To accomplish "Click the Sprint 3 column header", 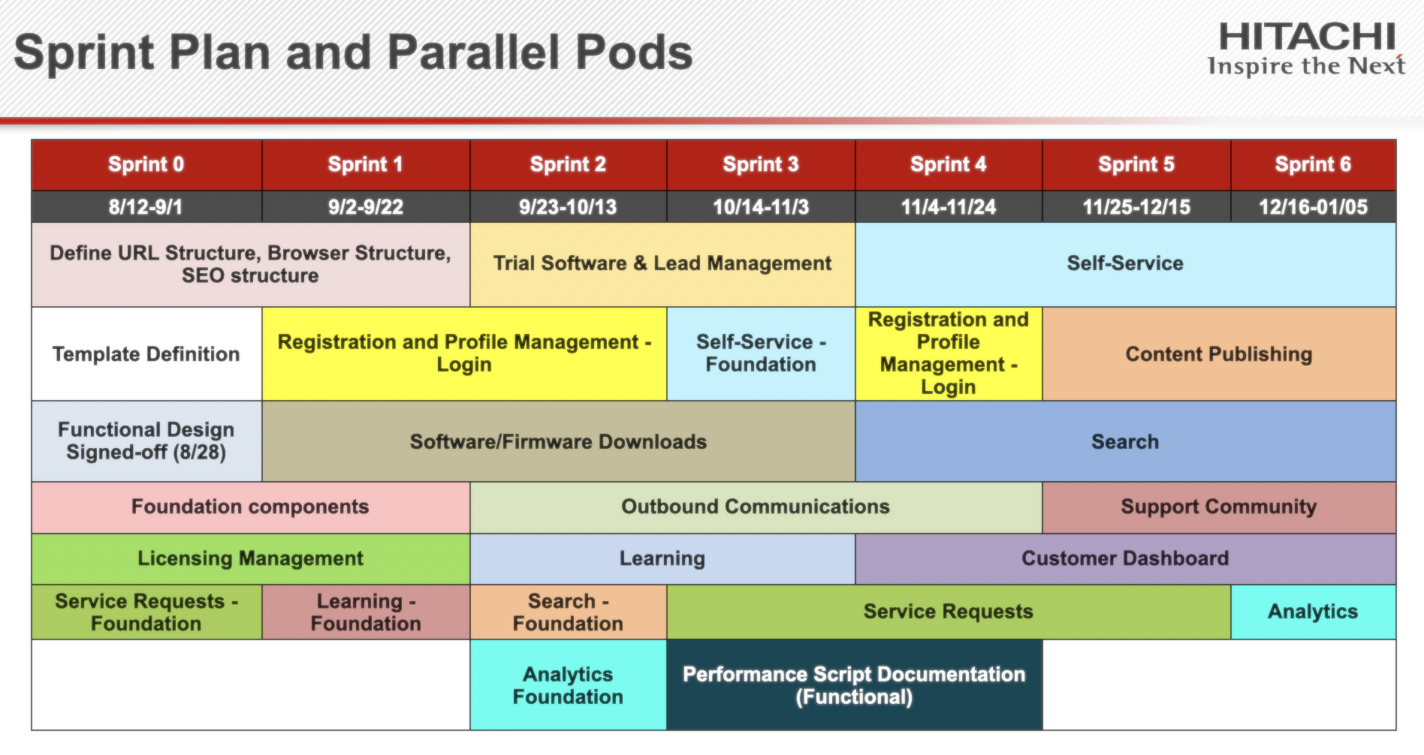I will (x=760, y=164).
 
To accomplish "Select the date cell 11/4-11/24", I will (x=948, y=206).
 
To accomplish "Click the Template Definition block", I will (x=146, y=353).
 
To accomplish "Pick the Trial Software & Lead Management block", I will (x=662, y=263).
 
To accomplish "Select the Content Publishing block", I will (x=1218, y=353).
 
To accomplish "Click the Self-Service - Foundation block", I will (x=760, y=353).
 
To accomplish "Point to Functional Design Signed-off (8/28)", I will (x=146, y=441).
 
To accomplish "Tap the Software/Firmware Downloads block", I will (x=558, y=441).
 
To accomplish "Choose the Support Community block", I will (x=1218, y=507).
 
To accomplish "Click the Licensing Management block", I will (x=250, y=558).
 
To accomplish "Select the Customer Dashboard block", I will (x=1124, y=558).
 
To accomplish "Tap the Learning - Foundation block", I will (x=366, y=612).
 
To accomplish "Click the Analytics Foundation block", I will (x=568, y=684).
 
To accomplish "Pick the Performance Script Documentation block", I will (x=854, y=684).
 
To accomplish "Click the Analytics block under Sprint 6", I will (x=1312, y=612).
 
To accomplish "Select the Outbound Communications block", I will (x=755, y=507).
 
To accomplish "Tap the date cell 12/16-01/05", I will (x=1312, y=206).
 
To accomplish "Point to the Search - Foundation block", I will (x=568, y=612).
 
